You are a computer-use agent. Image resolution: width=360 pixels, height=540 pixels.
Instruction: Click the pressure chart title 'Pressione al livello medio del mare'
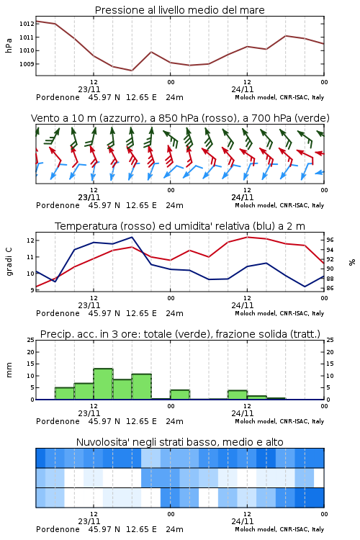179,10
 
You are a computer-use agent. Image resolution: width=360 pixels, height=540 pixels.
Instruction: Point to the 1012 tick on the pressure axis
27,24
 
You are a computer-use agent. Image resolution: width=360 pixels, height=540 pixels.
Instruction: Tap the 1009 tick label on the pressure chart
27,64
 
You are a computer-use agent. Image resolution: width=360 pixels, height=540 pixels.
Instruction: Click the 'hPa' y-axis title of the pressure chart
9,45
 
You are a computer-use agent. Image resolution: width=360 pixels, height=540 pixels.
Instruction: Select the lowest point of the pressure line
132,71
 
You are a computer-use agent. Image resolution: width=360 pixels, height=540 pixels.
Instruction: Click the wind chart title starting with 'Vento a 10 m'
180,118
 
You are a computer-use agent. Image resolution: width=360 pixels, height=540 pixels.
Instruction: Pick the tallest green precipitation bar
103,384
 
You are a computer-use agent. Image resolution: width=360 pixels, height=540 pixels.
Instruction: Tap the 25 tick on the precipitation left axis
31,340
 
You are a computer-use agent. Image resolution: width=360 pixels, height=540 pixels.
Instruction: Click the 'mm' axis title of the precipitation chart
9,370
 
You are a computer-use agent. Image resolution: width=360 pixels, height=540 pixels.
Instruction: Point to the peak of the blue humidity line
132,237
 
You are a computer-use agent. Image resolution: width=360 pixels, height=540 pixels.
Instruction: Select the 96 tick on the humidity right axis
330,240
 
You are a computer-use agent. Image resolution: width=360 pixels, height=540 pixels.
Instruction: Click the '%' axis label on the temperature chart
352,262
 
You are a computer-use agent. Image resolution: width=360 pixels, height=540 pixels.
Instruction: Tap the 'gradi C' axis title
9,262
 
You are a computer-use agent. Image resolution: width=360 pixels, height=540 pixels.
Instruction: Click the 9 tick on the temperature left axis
32,290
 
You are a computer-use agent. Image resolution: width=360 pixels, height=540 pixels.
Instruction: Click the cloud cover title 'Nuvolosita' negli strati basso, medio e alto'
179,442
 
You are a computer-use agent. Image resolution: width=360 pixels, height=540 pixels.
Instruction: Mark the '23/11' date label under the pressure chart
89,89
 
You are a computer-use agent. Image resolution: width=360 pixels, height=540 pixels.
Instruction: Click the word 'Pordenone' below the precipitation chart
58,421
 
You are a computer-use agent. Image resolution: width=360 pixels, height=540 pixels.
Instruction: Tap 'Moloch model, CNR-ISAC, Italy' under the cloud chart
279,529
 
